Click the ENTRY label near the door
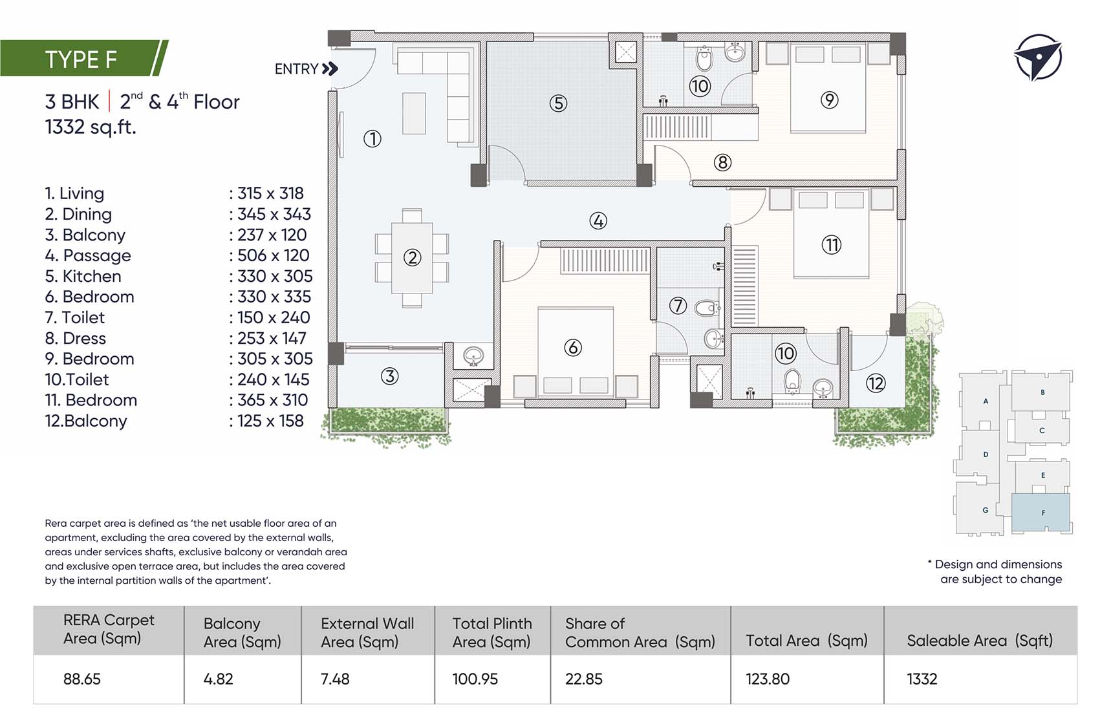tap(297, 69)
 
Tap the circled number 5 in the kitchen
tap(558, 103)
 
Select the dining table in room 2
tap(412, 257)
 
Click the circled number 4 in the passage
tap(598, 221)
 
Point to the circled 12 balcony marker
tap(876, 383)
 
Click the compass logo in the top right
tap(1037, 58)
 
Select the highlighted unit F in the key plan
tap(1041, 513)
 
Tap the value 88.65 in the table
tap(82, 679)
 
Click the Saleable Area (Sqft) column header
tap(980, 641)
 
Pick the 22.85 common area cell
tap(584, 679)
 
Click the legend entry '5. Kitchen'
tap(83, 276)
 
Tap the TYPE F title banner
tap(81, 59)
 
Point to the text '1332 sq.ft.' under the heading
tap(91, 127)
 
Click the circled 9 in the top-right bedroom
tap(829, 100)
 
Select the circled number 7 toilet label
tap(678, 305)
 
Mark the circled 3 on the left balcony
tap(389, 376)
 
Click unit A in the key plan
tap(986, 401)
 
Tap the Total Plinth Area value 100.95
tap(475, 679)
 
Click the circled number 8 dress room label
tap(722, 162)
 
